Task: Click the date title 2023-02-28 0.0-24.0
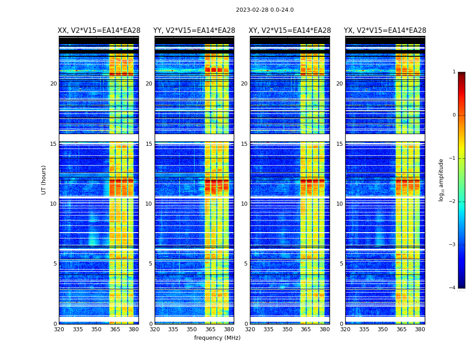click(265, 10)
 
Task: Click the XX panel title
click(99, 31)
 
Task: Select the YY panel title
click(194, 31)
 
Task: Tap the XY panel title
click(290, 31)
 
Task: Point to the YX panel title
click(385, 31)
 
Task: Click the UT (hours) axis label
click(44, 180)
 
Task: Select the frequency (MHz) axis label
click(217, 338)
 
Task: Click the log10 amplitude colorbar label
click(441, 180)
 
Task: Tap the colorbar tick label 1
click(454, 72)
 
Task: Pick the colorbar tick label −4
click(453, 288)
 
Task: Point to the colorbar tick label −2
click(453, 202)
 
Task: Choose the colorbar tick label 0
click(454, 115)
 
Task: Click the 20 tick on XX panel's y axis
click(53, 84)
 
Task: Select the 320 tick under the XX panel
click(59, 329)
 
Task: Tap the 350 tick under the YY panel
click(192, 329)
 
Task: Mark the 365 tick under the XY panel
click(306, 329)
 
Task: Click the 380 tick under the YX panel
click(420, 329)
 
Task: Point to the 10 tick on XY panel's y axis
click(244, 204)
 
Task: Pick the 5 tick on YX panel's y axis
click(341, 264)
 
